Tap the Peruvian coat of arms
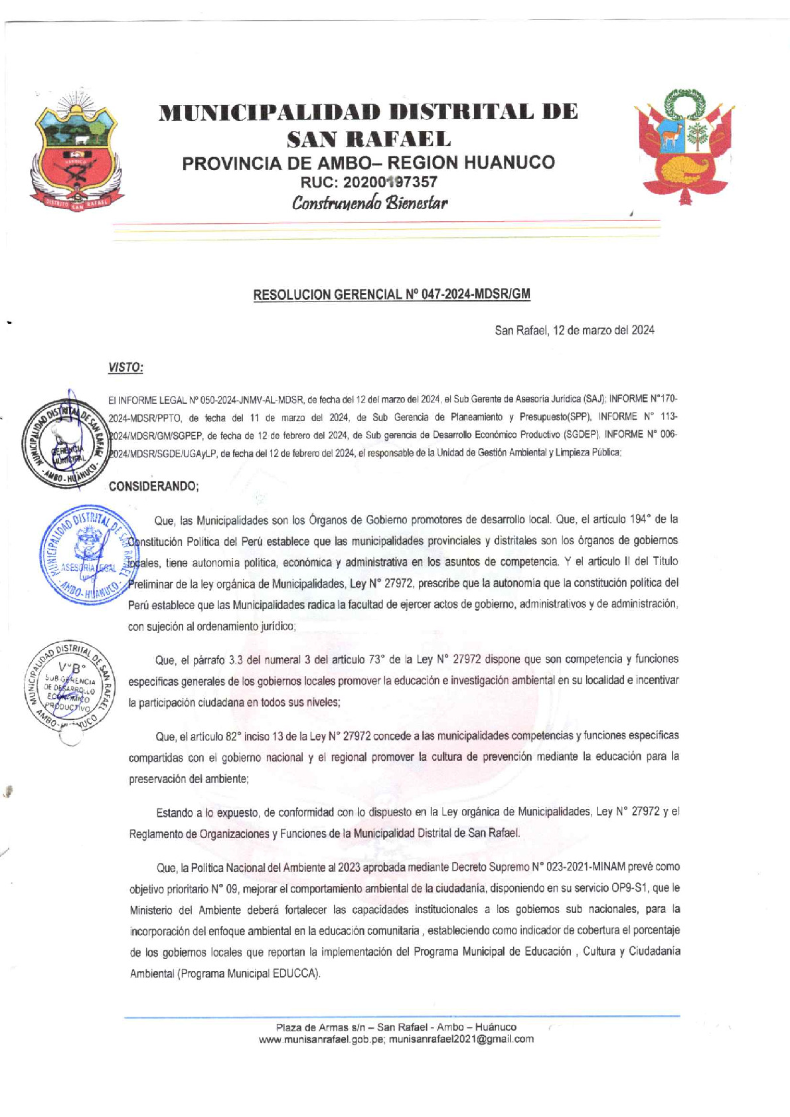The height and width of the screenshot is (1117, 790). [684, 147]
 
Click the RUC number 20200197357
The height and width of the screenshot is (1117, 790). [398, 182]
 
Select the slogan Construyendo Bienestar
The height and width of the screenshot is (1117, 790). [370, 203]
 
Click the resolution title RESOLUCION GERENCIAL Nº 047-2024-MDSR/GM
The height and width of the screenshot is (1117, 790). [392, 294]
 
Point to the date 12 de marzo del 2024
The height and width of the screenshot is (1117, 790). [603, 330]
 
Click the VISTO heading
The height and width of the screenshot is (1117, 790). [125, 367]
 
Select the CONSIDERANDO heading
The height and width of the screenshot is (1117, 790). [153, 486]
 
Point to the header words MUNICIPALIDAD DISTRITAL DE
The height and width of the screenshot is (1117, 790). [368, 112]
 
